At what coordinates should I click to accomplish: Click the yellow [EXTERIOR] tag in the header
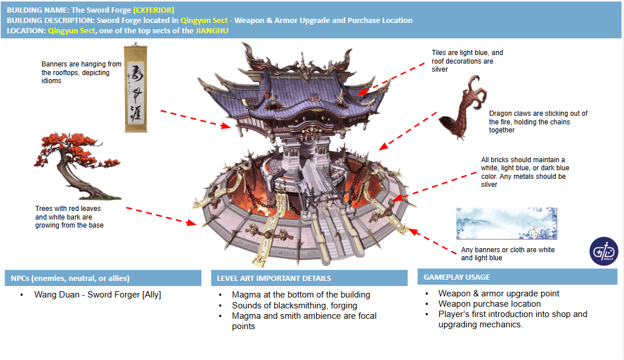tap(154, 10)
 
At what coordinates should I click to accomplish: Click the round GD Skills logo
tap(602, 252)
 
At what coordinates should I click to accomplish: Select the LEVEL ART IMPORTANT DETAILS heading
tap(274, 278)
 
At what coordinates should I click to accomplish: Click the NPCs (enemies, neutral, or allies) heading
tap(70, 278)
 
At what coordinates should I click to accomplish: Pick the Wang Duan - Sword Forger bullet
tap(97, 295)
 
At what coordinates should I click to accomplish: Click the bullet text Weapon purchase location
tap(489, 304)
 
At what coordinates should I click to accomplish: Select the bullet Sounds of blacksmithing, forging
tap(294, 306)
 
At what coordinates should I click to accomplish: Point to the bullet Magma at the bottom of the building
tap(301, 295)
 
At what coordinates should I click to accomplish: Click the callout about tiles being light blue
tap(467, 61)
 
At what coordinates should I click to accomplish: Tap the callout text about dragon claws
tap(538, 122)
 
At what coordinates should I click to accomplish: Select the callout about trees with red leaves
tap(69, 217)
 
